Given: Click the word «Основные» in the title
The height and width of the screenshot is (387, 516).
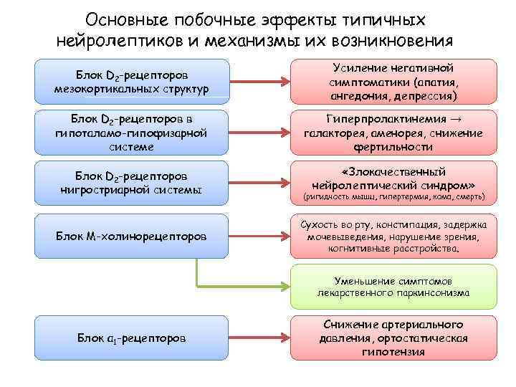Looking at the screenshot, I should click(123, 18).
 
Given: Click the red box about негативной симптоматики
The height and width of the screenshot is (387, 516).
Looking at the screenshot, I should click(393, 80).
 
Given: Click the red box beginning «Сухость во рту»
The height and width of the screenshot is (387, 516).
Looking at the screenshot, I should click(393, 236).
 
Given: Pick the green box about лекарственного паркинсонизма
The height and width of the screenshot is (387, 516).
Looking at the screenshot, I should click(393, 286).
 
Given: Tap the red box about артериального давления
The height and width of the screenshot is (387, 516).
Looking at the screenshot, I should click(393, 336).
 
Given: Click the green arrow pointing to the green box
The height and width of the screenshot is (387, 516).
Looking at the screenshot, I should click(244, 286).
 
